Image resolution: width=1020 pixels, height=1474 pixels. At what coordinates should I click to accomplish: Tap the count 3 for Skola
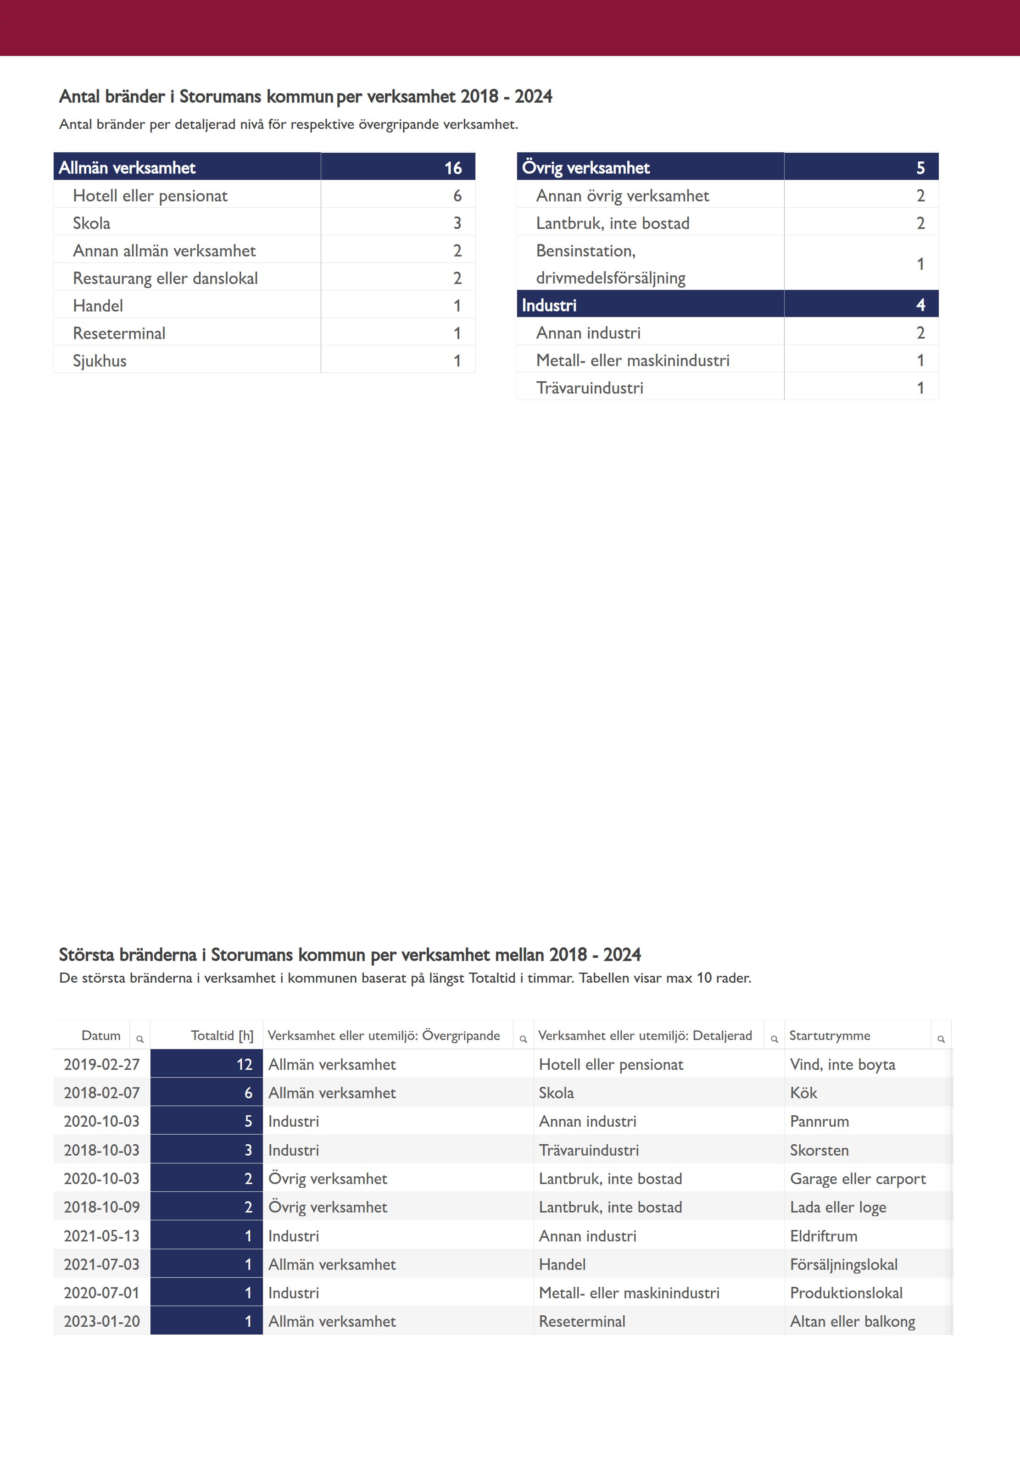pyautogui.click(x=457, y=223)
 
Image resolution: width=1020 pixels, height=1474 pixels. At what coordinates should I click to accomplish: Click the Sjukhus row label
pyautogui.click(x=100, y=361)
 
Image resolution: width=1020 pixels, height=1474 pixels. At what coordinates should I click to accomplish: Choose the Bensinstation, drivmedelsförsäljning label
pyautogui.click(x=610, y=264)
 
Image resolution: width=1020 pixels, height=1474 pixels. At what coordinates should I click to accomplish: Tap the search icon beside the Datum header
pyautogui.click(x=140, y=1040)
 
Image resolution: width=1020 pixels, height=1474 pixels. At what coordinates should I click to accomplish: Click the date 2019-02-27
pyautogui.click(x=101, y=1064)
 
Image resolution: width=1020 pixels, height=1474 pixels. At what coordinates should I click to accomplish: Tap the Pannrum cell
pyautogui.click(x=819, y=1121)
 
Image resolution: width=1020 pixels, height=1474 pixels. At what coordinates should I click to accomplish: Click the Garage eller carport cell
pyautogui.click(x=858, y=1179)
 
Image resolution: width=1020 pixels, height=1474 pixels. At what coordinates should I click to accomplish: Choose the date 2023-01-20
pyautogui.click(x=101, y=1321)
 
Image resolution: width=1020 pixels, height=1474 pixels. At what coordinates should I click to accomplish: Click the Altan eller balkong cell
pyautogui.click(x=853, y=1321)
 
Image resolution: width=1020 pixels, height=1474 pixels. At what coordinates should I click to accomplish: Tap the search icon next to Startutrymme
pyautogui.click(x=941, y=1040)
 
